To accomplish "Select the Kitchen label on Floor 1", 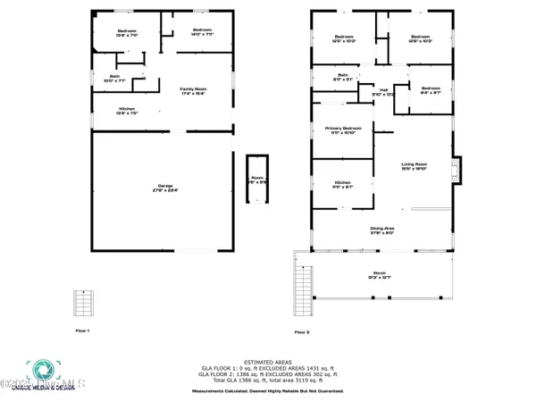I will (x=128, y=110).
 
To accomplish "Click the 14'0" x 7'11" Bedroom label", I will (x=200, y=33).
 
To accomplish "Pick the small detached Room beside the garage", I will (x=257, y=180).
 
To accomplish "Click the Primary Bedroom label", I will (x=340, y=130).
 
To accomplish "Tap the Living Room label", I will (x=414, y=165).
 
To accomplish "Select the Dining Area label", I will (x=382, y=230).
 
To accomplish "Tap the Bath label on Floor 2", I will (x=343, y=77).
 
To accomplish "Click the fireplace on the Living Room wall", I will (x=456, y=169).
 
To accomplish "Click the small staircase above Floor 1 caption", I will (x=84, y=303).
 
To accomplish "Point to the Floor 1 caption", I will (x=82, y=331).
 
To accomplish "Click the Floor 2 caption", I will (x=301, y=332).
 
